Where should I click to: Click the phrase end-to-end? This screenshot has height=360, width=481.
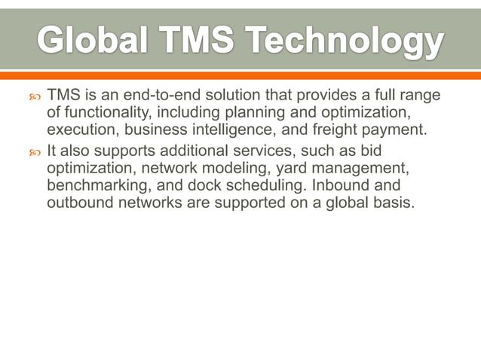pos(142,96)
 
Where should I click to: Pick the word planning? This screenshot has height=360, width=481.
pos(253,114)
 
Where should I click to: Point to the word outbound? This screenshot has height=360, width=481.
pos(78,204)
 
